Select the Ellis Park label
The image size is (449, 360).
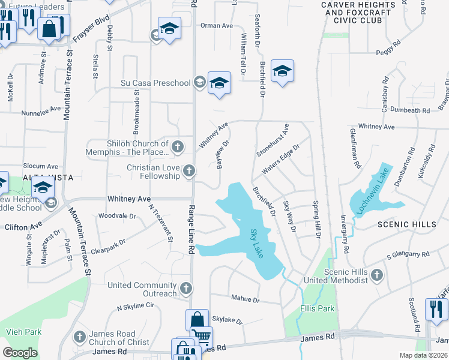[x=317, y=309]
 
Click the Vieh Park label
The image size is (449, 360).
[x=25, y=331]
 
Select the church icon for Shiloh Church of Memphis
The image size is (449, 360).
[x=177, y=146]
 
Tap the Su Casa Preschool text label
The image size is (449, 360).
[x=155, y=83]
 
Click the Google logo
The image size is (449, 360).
[x=20, y=353]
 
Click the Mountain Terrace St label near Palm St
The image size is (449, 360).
[x=79, y=241]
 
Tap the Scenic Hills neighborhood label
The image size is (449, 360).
[x=407, y=224]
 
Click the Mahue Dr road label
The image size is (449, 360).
[x=244, y=299]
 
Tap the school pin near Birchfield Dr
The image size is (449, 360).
[x=282, y=71]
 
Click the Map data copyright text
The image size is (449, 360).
[x=424, y=355]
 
